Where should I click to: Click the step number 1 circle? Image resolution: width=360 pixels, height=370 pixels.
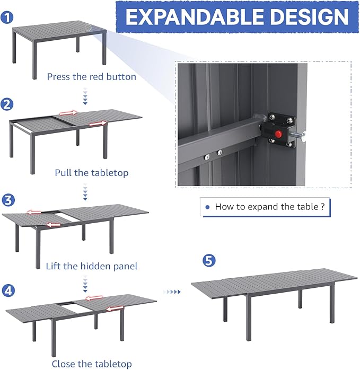click(7, 17)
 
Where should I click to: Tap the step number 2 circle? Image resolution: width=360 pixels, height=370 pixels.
click(7, 104)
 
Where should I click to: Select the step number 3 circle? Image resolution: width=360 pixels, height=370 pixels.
click(8, 200)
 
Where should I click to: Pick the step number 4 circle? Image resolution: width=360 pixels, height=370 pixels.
click(8, 290)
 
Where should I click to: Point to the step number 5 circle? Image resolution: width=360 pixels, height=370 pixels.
click(209, 260)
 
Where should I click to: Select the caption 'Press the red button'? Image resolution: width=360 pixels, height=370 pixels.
click(91, 77)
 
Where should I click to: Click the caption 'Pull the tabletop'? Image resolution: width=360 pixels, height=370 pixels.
click(91, 172)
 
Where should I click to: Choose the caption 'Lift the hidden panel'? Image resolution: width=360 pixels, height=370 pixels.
click(91, 266)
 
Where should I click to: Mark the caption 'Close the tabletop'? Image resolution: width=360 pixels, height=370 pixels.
click(91, 364)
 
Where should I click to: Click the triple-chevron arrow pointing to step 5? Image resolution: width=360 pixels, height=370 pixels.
click(172, 292)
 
